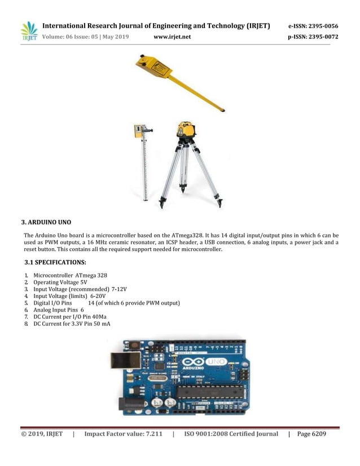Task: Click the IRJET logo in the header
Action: coord(29,32)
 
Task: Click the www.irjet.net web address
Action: coord(172,37)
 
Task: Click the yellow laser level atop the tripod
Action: coord(186,130)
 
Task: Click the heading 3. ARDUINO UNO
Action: coord(46,221)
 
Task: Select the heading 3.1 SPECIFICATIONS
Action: coord(55,262)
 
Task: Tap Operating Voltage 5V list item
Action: coord(60,282)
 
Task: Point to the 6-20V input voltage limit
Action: coord(98,296)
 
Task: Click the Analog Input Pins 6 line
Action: coord(58,310)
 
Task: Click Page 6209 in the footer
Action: coord(311,434)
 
